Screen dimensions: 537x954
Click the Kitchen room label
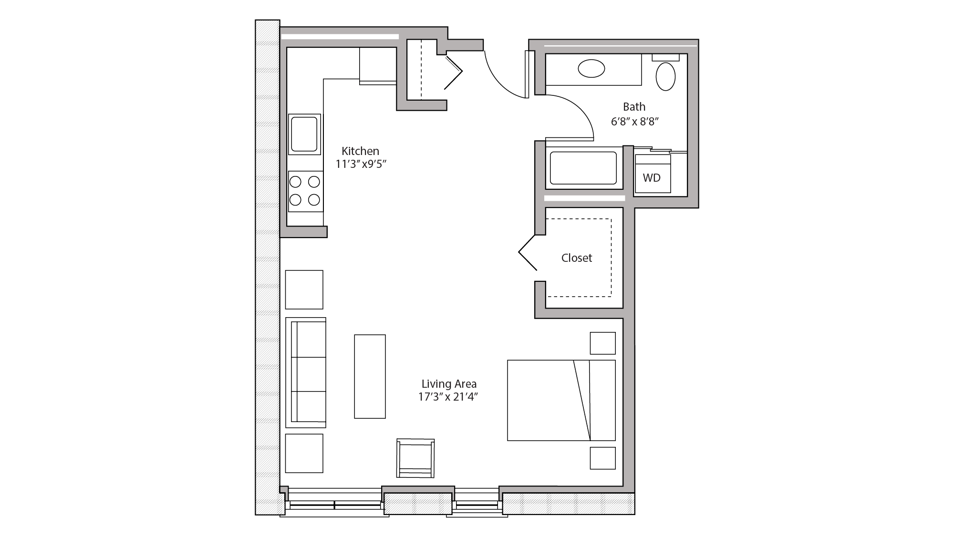[x=360, y=151]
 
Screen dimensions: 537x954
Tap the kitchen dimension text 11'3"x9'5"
[x=360, y=165]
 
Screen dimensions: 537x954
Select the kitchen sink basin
[x=304, y=134]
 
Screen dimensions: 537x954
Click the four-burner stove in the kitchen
[x=305, y=191]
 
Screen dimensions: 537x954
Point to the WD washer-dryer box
[x=652, y=178]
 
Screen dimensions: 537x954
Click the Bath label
[x=634, y=107]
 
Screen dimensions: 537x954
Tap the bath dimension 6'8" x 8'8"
[x=634, y=122]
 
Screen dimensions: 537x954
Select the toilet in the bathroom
[x=665, y=75]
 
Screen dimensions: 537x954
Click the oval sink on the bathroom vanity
[x=591, y=69]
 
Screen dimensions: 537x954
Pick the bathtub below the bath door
[x=583, y=168]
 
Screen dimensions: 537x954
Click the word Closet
[x=576, y=258]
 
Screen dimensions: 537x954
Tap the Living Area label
[x=449, y=384]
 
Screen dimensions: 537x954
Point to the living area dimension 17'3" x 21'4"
[x=448, y=397]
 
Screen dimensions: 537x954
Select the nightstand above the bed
[x=602, y=343]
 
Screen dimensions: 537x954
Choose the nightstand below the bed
[x=602, y=458]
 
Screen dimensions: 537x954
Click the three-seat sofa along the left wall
[x=306, y=372]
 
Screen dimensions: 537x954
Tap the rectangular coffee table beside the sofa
[x=370, y=376]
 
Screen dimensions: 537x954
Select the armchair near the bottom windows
[x=415, y=458]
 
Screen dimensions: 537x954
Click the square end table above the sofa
[x=304, y=289]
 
